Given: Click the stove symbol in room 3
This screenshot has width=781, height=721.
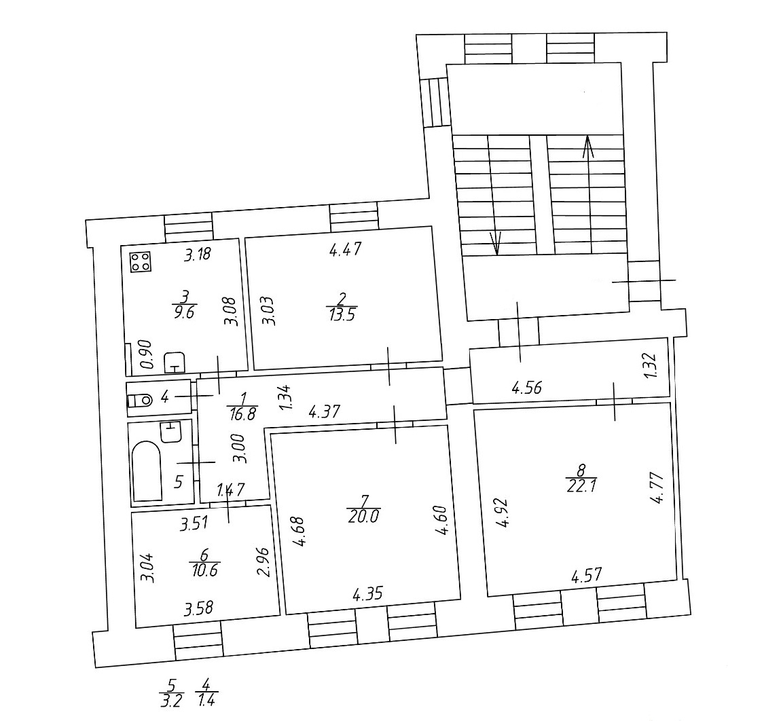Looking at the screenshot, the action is [x=141, y=262].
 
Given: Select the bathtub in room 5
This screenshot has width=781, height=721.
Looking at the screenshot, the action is [x=147, y=470].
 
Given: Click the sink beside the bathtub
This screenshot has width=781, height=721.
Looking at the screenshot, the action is [x=172, y=432].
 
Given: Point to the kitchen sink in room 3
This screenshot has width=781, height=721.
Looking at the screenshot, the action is [x=175, y=362].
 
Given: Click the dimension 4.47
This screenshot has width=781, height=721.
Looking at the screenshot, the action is [x=345, y=249].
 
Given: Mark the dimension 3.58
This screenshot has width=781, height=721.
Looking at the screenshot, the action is [x=199, y=608].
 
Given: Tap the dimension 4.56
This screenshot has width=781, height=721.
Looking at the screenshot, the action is [x=527, y=388].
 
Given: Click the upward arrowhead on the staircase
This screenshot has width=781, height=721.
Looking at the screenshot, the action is [x=588, y=147].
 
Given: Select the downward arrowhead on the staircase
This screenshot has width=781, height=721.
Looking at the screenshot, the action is [x=496, y=244].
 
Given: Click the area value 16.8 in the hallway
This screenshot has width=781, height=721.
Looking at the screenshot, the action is [x=242, y=413].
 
